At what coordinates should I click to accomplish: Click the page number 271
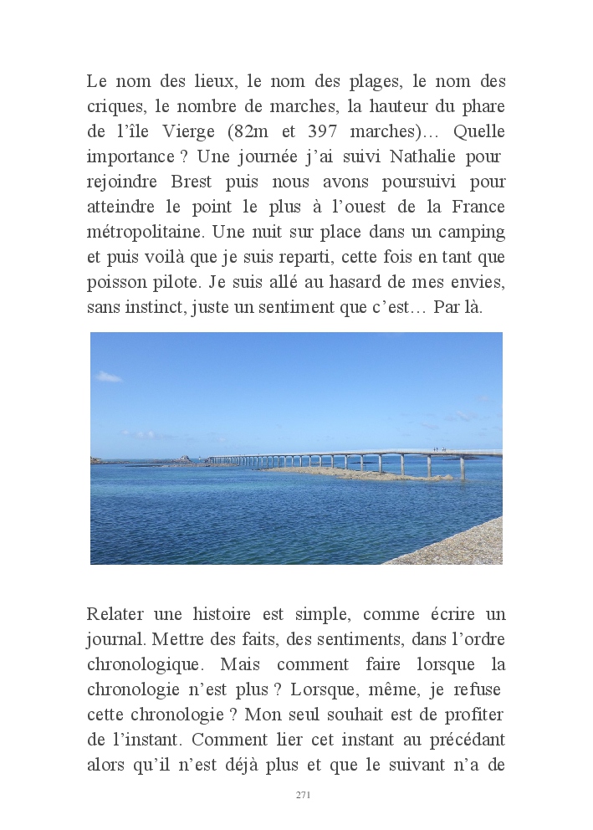pyautogui.click(x=303, y=795)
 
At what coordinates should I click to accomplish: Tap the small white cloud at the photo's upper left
pyautogui.click(x=109, y=377)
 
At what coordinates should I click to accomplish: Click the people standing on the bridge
pyautogui.click(x=438, y=449)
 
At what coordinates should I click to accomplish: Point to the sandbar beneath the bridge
pyautogui.click(x=351, y=473)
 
